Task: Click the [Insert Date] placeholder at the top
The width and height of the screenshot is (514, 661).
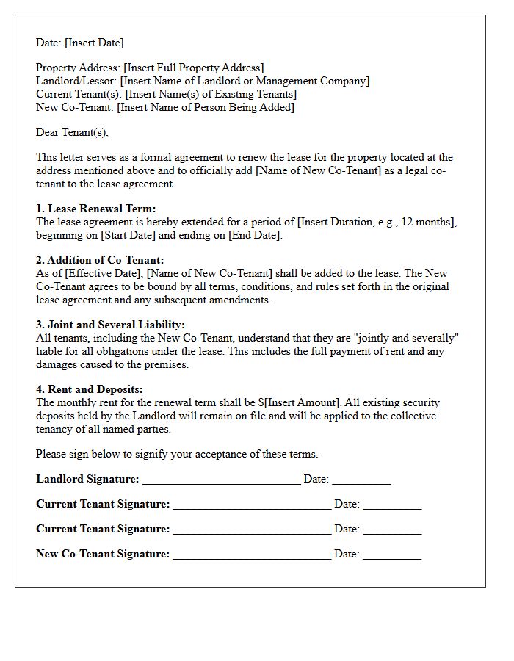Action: pos(94,43)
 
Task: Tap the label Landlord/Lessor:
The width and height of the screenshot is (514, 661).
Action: pos(77,81)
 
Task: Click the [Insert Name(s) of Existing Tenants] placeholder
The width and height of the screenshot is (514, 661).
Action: pos(211,94)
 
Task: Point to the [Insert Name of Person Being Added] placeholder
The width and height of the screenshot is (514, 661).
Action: pos(206,107)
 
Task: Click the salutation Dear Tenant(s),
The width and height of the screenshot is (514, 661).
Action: pos(72,132)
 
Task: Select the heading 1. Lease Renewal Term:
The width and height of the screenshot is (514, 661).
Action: pos(95,209)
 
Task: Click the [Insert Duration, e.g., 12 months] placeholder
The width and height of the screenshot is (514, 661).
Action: pos(376,222)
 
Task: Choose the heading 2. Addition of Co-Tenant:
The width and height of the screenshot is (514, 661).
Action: pos(100,260)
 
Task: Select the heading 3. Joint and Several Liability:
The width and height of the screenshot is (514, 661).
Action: pos(110,325)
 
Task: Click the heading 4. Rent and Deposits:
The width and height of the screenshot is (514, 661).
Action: pos(89,389)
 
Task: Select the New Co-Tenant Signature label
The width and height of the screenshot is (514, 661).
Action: pos(102,554)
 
